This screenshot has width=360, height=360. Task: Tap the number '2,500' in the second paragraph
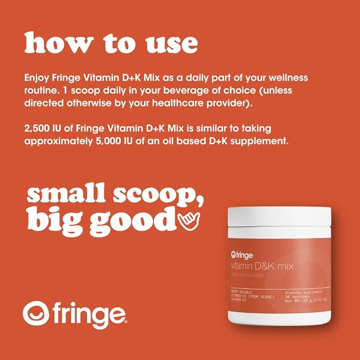coord(38,129)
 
